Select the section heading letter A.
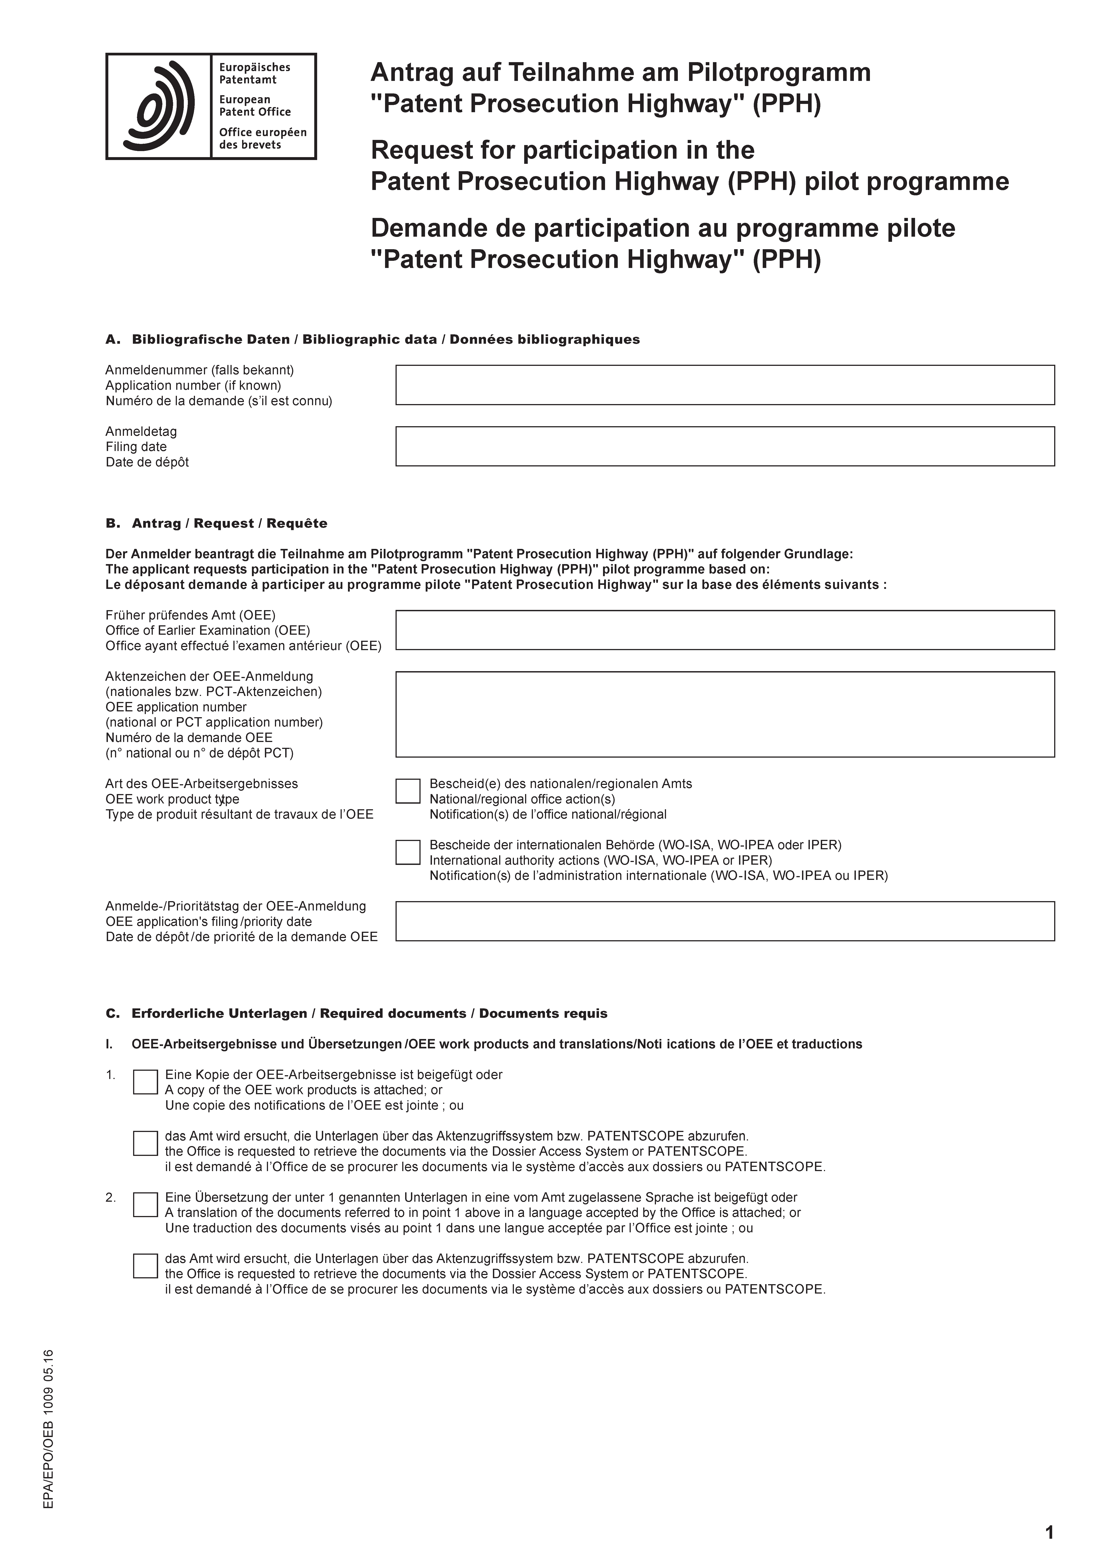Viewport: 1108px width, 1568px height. tap(112, 339)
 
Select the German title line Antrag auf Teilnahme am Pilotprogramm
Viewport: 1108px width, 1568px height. tap(620, 72)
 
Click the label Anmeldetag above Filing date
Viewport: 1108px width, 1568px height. tap(141, 432)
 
